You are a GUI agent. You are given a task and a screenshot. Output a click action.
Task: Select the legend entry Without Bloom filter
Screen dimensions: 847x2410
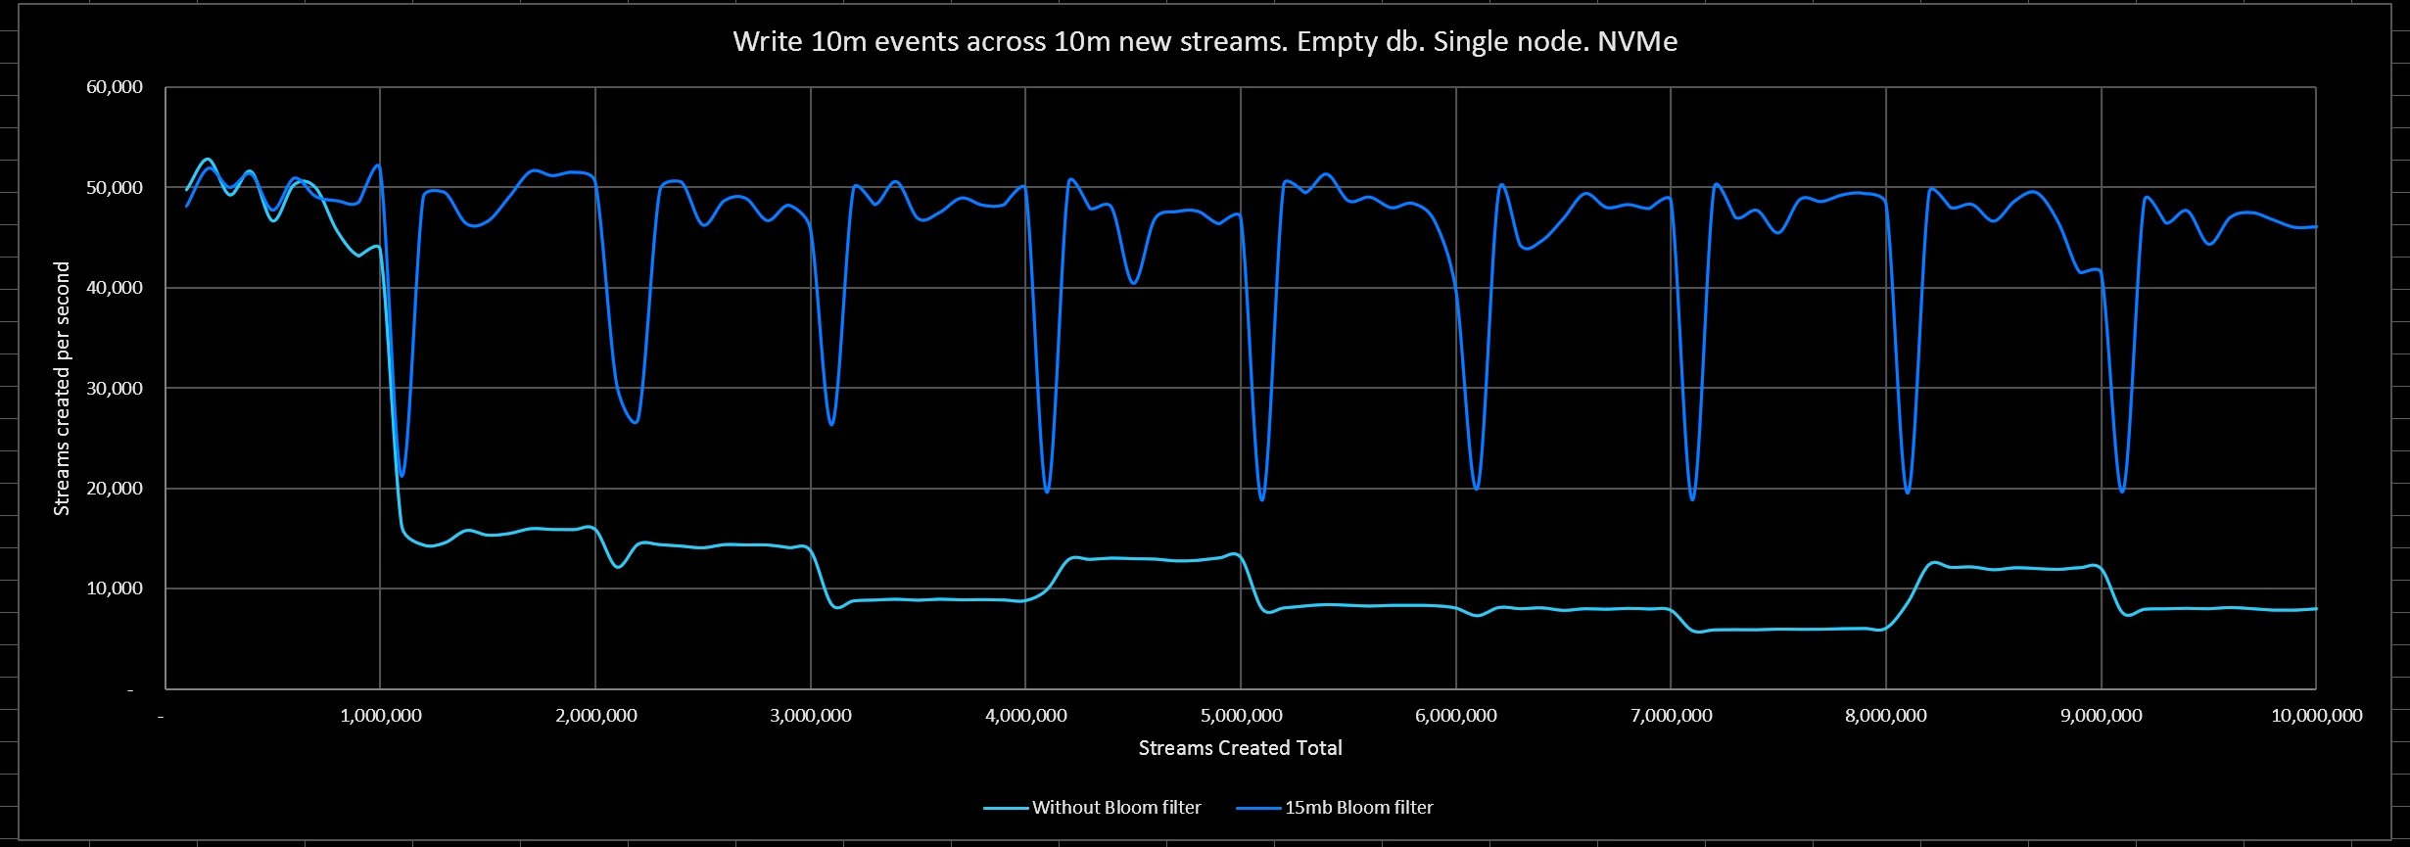coord(1115,808)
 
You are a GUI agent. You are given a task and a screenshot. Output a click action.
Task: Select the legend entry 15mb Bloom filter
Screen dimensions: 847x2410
coord(1358,808)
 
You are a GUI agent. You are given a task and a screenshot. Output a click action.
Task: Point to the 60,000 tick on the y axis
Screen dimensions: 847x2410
coord(115,87)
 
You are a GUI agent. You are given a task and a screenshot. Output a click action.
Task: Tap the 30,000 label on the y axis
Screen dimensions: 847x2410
coord(115,389)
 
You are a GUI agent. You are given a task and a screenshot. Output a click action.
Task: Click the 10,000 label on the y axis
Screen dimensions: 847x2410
coord(115,588)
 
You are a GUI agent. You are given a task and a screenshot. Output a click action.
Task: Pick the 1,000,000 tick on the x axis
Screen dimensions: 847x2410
coord(380,716)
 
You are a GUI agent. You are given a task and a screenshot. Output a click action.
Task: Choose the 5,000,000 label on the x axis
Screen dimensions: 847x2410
coord(1241,716)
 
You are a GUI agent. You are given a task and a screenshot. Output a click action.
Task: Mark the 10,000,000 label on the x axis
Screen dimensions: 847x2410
coord(2316,716)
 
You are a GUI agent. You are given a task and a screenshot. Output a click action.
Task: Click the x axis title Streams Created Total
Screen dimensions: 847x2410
coord(1240,748)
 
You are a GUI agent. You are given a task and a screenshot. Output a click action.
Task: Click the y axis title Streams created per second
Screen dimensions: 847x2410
coord(62,389)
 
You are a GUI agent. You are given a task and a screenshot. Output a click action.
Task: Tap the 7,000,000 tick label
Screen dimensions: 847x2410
coord(1671,716)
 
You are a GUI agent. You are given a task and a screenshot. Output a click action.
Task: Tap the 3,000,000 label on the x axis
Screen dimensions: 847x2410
coord(810,716)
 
